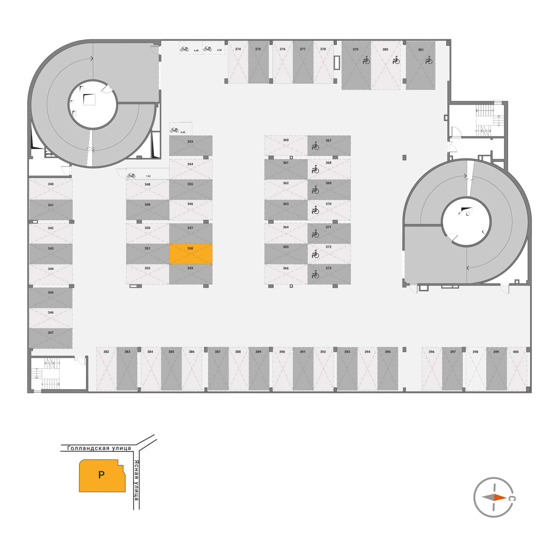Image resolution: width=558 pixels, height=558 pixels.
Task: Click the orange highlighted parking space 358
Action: point(191,254)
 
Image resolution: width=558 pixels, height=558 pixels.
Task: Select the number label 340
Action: point(51,184)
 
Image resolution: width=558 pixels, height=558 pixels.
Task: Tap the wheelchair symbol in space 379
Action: point(366,60)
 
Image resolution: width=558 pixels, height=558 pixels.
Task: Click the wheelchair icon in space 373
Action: point(315,274)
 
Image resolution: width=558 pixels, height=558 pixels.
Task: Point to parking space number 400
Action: point(516,352)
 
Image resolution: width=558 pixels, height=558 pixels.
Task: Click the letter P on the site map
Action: point(101,475)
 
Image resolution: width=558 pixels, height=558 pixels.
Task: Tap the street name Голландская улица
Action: point(99,448)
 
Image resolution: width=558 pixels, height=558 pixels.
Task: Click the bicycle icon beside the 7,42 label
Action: point(131,175)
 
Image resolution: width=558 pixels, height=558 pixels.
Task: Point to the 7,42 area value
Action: point(148,176)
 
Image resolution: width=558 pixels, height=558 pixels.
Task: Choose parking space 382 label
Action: point(106,352)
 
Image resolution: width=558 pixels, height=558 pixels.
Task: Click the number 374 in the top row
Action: point(238,49)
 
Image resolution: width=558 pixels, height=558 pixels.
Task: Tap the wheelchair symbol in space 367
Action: point(315,146)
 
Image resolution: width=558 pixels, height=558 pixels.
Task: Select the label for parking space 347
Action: point(51,333)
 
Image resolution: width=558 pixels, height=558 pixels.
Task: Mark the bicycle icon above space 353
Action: point(174,130)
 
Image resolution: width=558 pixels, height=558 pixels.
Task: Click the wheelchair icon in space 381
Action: point(429,60)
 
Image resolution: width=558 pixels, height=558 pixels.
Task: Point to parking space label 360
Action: point(286,140)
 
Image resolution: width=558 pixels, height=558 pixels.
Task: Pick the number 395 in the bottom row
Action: point(388,352)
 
